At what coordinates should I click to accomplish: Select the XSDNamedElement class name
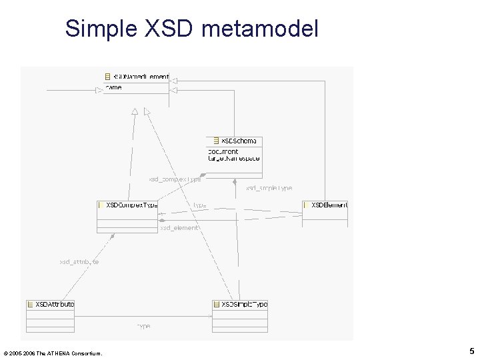coord(141,77)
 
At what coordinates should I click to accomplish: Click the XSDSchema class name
coord(239,141)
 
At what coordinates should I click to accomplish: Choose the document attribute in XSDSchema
coord(223,151)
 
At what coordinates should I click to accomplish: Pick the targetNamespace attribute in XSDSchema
coord(234,159)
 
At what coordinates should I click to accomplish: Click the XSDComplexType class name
coord(132,205)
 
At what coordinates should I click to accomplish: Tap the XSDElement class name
coord(329,205)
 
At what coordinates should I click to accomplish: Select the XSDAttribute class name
coord(55,304)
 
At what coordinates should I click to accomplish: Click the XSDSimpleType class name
coord(244,304)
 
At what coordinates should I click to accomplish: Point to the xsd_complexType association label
coord(174,178)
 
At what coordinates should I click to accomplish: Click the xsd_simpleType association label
coord(269,188)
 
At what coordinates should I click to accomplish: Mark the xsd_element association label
coord(179,228)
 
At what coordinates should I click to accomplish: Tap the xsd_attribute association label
coord(79,262)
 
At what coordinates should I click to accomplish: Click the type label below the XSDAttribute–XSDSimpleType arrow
coord(143,326)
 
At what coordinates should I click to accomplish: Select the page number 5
coord(471,351)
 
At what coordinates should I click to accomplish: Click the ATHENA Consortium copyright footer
coord(53,353)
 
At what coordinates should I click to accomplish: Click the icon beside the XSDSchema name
coord(215,141)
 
